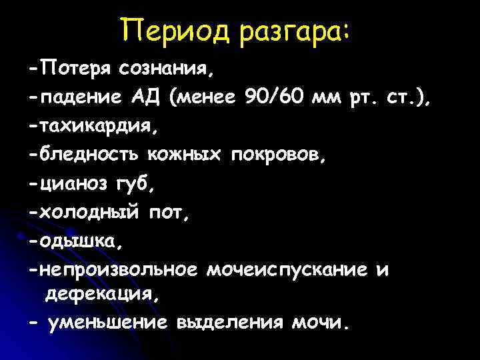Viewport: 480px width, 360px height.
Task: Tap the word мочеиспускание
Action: tap(287, 270)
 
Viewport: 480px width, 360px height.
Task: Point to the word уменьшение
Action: tap(108, 324)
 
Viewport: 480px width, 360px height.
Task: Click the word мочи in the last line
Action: tap(320, 324)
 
